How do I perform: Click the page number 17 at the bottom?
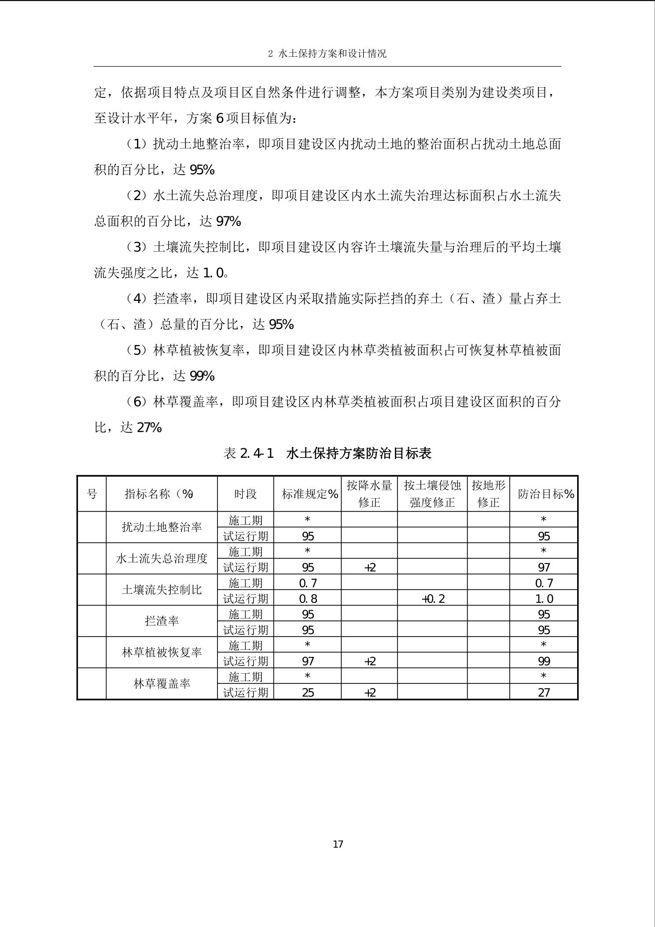point(338,844)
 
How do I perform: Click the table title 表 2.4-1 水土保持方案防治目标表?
point(327,453)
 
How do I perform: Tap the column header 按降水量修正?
point(369,494)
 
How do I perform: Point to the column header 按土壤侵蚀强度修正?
point(432,494)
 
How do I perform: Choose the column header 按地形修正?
point(488,494)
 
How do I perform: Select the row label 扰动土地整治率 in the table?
point(162,527)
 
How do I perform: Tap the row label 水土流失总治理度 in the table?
point(162,558)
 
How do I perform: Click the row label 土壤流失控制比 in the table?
point(162,590)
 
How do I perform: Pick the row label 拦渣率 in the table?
point(162,621)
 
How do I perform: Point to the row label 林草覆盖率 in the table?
point(162,683)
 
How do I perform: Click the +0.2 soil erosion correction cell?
point(433,598)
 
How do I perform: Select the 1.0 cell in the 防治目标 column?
point(544,598)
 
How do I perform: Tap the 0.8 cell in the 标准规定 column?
point(308,598)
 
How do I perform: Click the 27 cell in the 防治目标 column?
point(544,692)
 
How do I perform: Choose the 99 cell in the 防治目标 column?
point(544,661)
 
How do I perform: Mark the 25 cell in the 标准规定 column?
point(308,692)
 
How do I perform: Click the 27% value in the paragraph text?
point(149,427)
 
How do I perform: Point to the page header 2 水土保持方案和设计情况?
point(327,54)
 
